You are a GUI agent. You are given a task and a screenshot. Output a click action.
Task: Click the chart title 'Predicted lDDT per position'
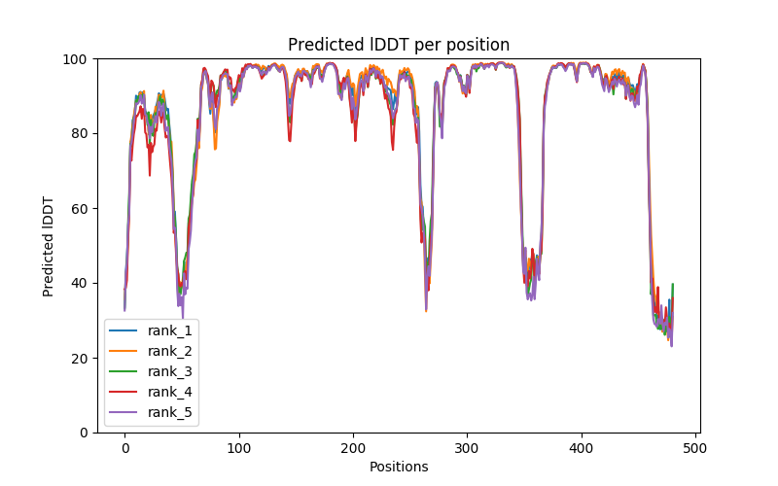point(399,45)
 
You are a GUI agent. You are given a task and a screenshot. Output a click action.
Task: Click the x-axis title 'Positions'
point(399,467)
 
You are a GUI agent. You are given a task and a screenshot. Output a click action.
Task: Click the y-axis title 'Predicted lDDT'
point(49,246)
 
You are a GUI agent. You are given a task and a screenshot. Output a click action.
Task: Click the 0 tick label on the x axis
point(124,448)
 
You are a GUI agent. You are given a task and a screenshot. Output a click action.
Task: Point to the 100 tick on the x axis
point(239,448)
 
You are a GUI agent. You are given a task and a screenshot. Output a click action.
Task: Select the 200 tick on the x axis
point(353,448)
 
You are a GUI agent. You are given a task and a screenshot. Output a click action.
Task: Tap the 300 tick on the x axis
point(468,448)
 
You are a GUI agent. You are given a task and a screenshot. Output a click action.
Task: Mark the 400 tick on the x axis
point(582,448)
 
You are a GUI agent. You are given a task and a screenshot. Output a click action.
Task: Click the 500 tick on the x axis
point(696,448)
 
